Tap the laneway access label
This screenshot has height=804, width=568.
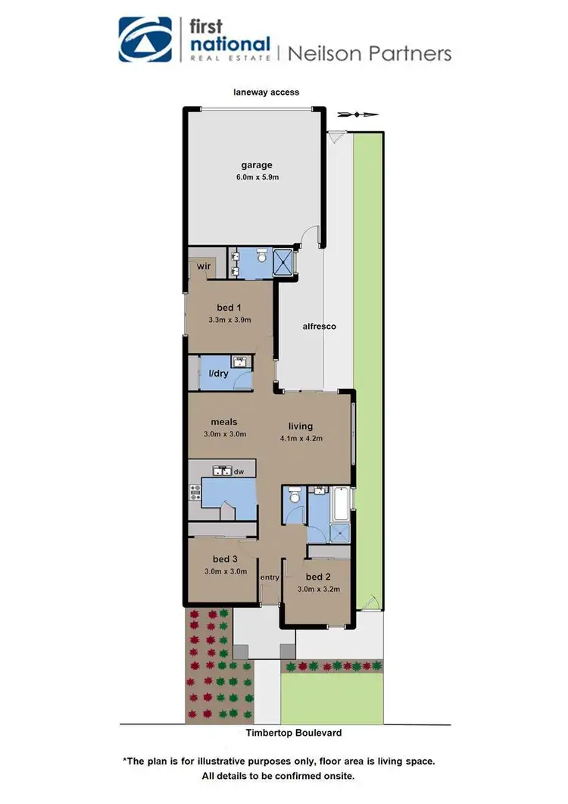[x=266, y=92]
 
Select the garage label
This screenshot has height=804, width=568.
[x=257, y=165]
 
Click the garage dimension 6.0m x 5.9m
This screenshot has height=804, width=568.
[x=257, y=178]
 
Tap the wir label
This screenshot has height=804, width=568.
[x=203, y=267]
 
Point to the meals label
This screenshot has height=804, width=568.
[x=225, y=422]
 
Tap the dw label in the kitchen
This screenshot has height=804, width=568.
[x=239, y=471]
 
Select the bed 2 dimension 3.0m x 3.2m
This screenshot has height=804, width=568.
[x=318, y=589]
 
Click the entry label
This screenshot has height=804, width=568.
[x=270, y=578]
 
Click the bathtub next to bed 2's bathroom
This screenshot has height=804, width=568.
[x=340, y=502]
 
